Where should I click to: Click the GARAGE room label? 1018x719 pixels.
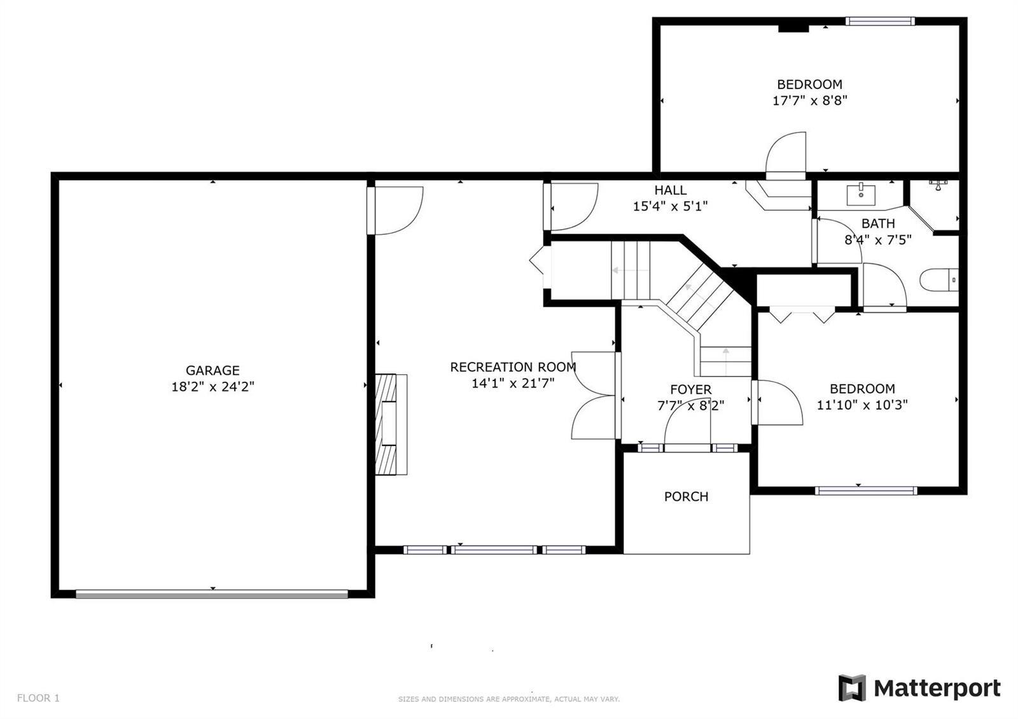point(213,370)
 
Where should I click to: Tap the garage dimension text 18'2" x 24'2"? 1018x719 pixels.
point(213,387)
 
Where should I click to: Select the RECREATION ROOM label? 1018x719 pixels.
point(513,366)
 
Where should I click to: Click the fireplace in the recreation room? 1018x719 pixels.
point(391,424)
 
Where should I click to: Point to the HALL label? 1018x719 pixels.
point(671,190)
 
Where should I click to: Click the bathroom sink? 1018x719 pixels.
point(861,195)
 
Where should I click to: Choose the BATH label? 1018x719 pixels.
point(878,223)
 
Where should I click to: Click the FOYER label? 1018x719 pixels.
point(691,389)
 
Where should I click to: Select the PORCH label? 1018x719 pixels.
point(687,497)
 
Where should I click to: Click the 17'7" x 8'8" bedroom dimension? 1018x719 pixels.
point(810,101)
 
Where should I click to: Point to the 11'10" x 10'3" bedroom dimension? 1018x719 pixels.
point(862,405)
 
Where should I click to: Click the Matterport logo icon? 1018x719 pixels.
point(852,688)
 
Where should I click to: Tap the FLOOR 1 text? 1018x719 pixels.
point(38,698)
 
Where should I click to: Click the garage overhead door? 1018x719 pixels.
point(212,594)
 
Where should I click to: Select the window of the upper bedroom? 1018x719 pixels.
point(880,21)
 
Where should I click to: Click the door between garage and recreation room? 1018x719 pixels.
point(395,211)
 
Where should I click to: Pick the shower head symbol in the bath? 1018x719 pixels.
point(938,185)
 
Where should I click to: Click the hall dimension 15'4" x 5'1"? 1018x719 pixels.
point(671,207)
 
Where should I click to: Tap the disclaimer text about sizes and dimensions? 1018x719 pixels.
point(509,699)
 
